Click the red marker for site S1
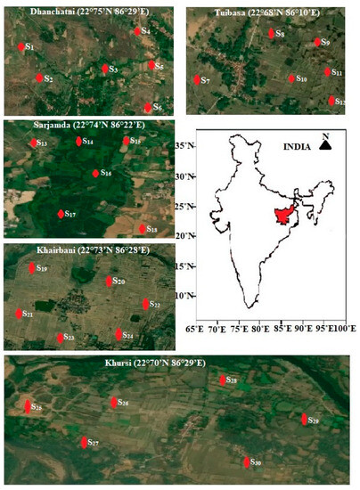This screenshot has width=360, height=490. point(20,45)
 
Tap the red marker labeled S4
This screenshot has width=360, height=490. point(136,31)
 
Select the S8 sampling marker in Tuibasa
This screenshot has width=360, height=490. point(271,34)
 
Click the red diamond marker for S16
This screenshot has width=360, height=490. point(95,174)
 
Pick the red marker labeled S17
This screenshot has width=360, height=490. point(61,215)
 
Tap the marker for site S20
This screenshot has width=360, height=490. point(109,282)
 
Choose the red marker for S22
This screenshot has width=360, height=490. point(146,305)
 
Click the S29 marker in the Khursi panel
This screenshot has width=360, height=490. point(303,420)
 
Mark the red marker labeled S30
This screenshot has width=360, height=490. point(247,462)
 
